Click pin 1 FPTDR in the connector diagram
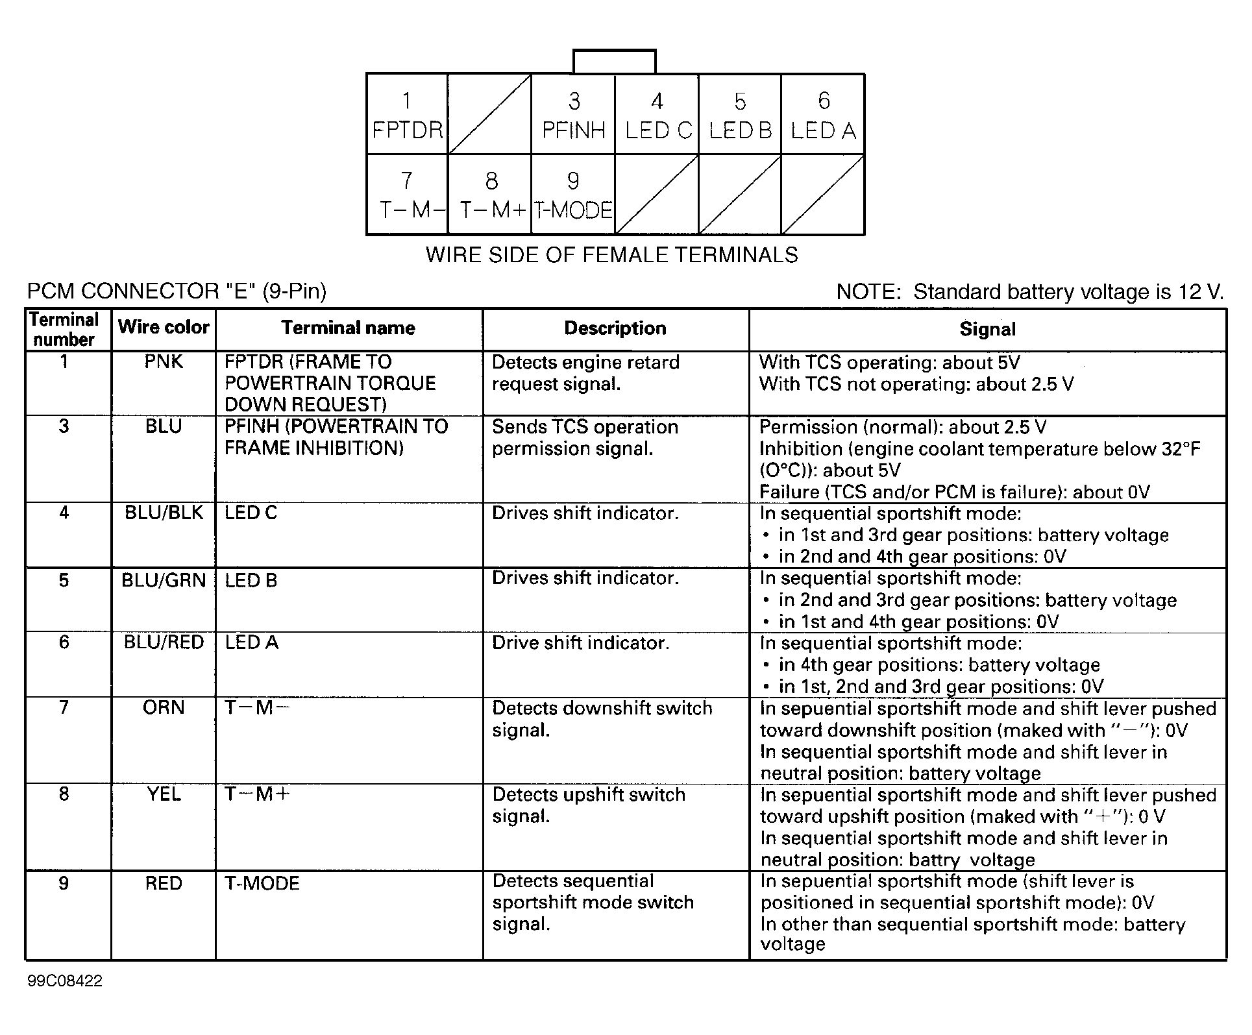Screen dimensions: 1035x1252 coord(407,115)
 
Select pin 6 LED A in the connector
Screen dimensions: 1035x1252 coord(823,115)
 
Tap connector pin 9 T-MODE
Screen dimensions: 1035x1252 coord(573,195)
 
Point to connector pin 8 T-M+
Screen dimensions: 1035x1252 coord(491,195)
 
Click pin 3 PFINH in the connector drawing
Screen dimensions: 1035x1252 coord(573,115)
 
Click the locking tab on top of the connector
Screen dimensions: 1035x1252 coord(614,62)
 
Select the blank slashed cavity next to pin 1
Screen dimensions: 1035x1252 coord(489,114)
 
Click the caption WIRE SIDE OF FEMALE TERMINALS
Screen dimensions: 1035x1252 coord(611,255)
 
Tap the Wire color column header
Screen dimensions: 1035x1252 coord(164,327)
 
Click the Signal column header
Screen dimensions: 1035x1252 coord(987,329)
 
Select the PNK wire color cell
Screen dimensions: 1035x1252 coord(164,362)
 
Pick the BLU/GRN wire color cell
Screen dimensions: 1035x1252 coord(164,580)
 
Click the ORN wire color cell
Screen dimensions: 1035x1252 coord(164,707)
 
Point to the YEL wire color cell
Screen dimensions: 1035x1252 coord(164,794)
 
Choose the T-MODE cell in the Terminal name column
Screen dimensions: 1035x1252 coord(262,883)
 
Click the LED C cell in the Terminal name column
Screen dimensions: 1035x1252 coord(251,513)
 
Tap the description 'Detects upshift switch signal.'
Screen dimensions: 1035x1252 coord(589,805)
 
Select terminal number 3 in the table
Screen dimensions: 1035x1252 coord(64,426)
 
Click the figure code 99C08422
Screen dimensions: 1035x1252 coord(65,980)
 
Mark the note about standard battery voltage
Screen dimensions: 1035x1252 coord(1029,292)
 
